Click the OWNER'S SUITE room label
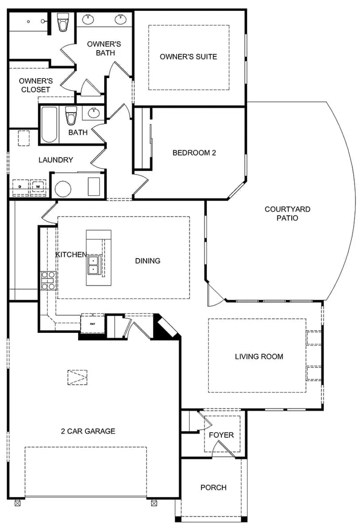click(188, 57)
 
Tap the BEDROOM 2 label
click(194, 153)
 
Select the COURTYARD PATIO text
click(287, 213)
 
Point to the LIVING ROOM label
click(259, 356)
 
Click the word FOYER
click(221, 435)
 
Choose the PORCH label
click(213, 487)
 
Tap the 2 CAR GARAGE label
click(88, 431)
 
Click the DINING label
click(148, 261)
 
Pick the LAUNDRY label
click(56, 160)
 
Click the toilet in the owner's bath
click(63, 22)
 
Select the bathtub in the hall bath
click(49, 124)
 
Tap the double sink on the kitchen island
click(94, 265)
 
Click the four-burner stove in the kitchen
click(48, 281)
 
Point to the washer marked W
click(38, 186)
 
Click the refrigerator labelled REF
click(92, 324)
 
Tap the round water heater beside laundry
click(63, 189)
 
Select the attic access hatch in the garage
click(77, 377)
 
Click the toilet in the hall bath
click(71, 115)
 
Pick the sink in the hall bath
click(93, 113)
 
